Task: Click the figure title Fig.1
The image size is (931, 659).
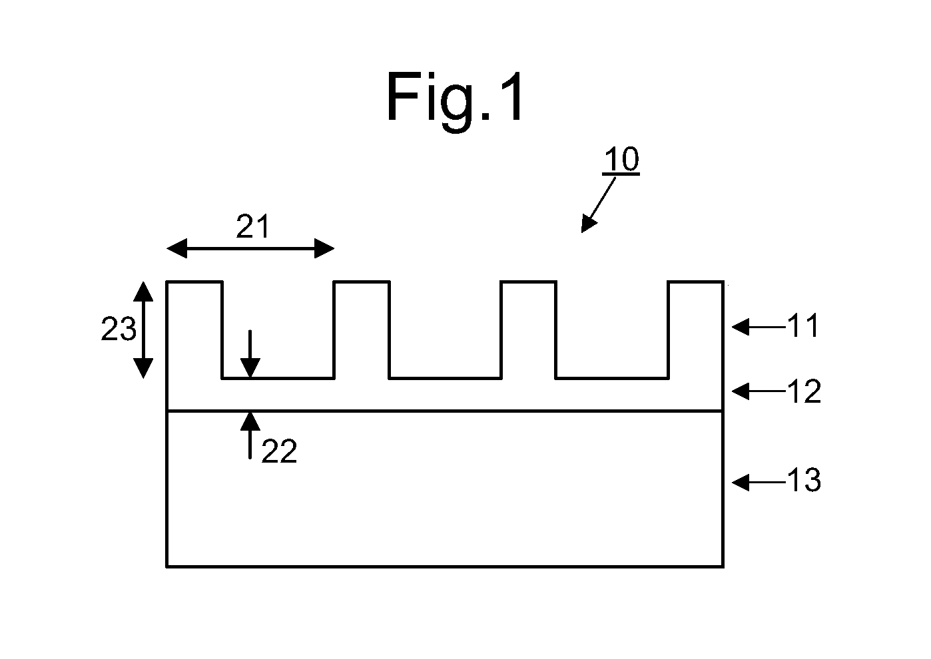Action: pos(455,100)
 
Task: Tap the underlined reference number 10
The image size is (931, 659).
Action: pos(621,159)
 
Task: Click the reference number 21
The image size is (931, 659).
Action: pos(252,226)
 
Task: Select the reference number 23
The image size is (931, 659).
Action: pos(119,329)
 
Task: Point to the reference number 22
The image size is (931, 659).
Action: pos(279,451)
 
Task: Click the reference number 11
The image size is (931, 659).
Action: pos(803,326)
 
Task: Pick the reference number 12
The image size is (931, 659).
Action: pos(804,391)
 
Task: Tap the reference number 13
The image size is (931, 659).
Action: pos(804,480)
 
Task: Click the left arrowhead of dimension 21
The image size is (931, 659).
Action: pos(176,248)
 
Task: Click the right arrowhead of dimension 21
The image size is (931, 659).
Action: pos(324,248)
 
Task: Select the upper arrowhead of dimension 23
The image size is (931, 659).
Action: pos(143,292)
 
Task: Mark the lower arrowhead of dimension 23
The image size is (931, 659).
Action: pos(143,369)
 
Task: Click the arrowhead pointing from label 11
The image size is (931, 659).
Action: pos(741,327)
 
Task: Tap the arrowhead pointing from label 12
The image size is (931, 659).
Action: pos(741,391)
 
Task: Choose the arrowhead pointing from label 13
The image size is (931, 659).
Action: pos(741,483)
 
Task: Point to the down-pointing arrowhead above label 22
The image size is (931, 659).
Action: pos(250,368)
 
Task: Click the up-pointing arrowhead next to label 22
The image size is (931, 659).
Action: pos(250,421)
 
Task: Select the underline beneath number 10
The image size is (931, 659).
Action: pos(621,174)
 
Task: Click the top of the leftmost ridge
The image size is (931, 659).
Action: pos(194,282)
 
